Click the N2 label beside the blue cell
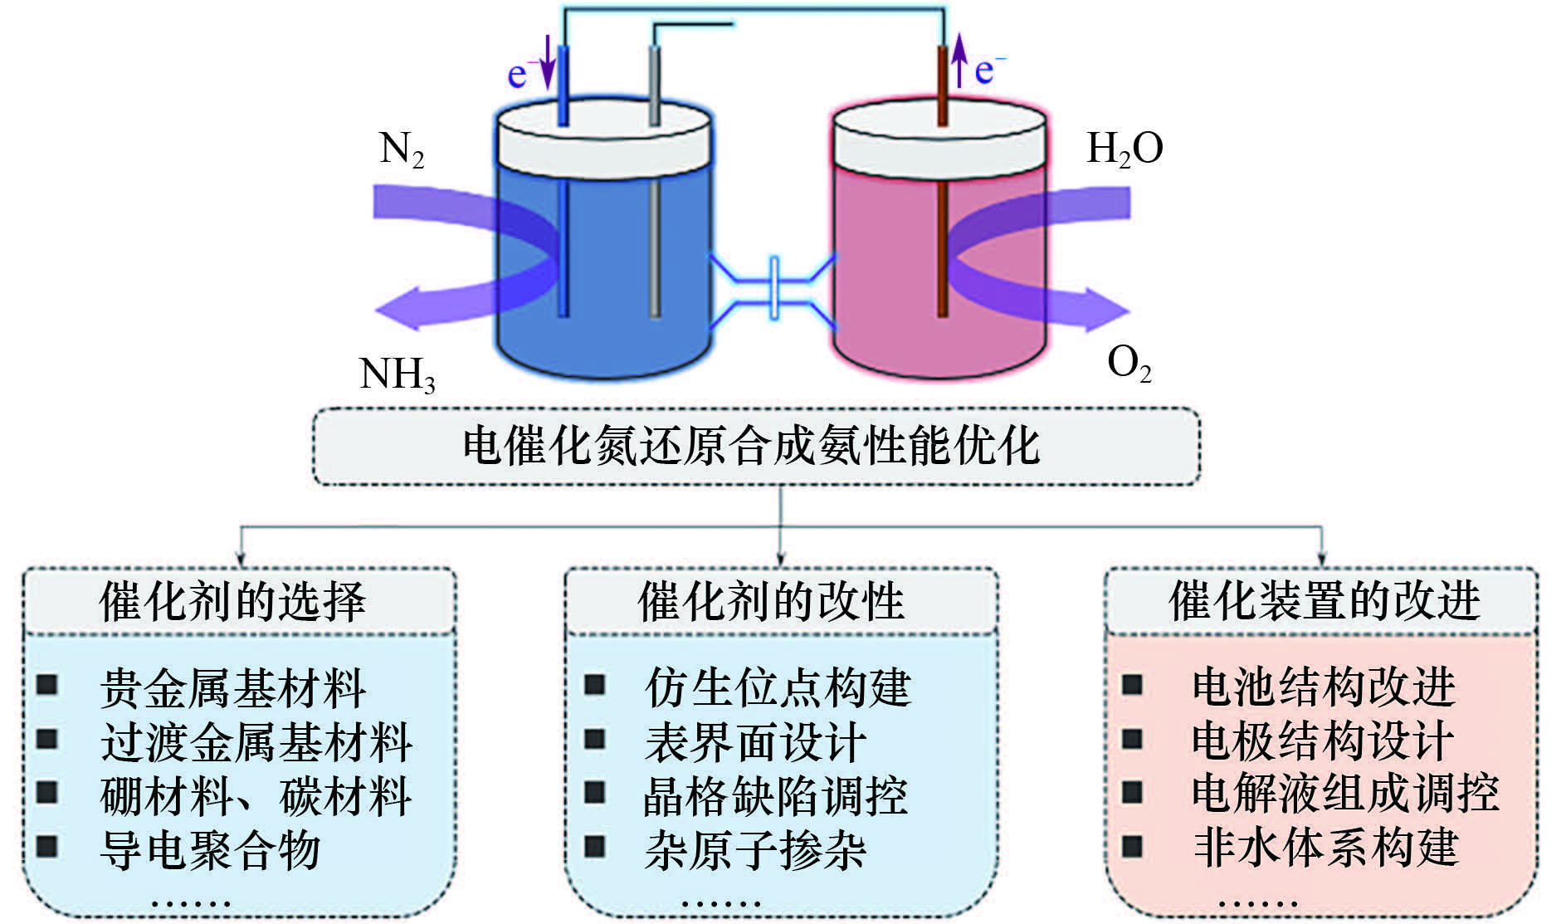pyautogui.click(x=402, y=150)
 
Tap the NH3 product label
pyautogui.click(x=398, y=374)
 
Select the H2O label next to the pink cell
pyautogui.click(x=1124, y=149)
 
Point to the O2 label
pyautogui.click(x=1129, y=364)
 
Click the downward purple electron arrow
pyautogui.click(x=547, y=62)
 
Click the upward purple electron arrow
pyautogui.click(x=959, y=60)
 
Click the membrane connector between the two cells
pyautogui.click(x=773, y=287)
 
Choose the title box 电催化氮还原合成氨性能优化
pyautogui.click(x=755, y=446)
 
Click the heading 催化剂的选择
pyautogui.click(x=233, y=601)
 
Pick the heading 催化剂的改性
pyautogui.click(x=771, y=601)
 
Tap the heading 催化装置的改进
pyautogui.click(x=1325, y=600)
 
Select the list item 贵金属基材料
pyautogui.click(x=233, y=688)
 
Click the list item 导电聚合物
pyautogui.click(x=210, y=849)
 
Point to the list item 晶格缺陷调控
pyautogui.click(x=776, y=795)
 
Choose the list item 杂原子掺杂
pyautogui.click(x=755, y=849)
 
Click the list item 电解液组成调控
pyautogui.click(x=1345, y=793)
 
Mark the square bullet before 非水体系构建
pyautogui.click(x=1133, y=847)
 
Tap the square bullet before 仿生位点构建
pyautogui.click(x=595, y=685)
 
